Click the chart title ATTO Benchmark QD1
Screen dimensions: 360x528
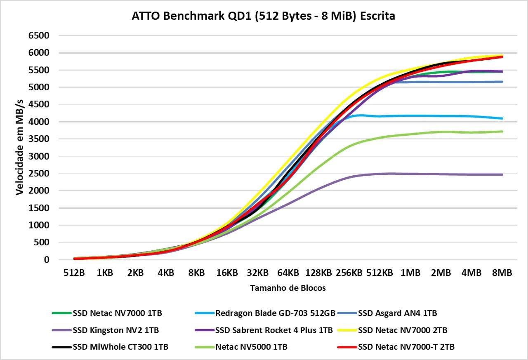tap(263, 16)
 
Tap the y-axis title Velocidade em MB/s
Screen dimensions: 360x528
tap(19, 147)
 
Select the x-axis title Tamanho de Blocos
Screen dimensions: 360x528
tap(288, 288)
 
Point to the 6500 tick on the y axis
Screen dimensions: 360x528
tap(39, 36)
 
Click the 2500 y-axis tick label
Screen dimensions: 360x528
tap(39, 174)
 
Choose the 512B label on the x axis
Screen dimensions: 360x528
tap(74, 273)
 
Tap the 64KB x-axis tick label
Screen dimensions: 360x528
tap(288, 273)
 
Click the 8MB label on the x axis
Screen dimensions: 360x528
tap(502, 273)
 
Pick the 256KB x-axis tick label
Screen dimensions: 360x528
tap(349, 273)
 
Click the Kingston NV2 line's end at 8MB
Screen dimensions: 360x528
tap(502, 174)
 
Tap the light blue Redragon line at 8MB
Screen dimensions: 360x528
tap(502, 118)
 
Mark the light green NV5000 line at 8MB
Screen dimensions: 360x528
tap(502, 132)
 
